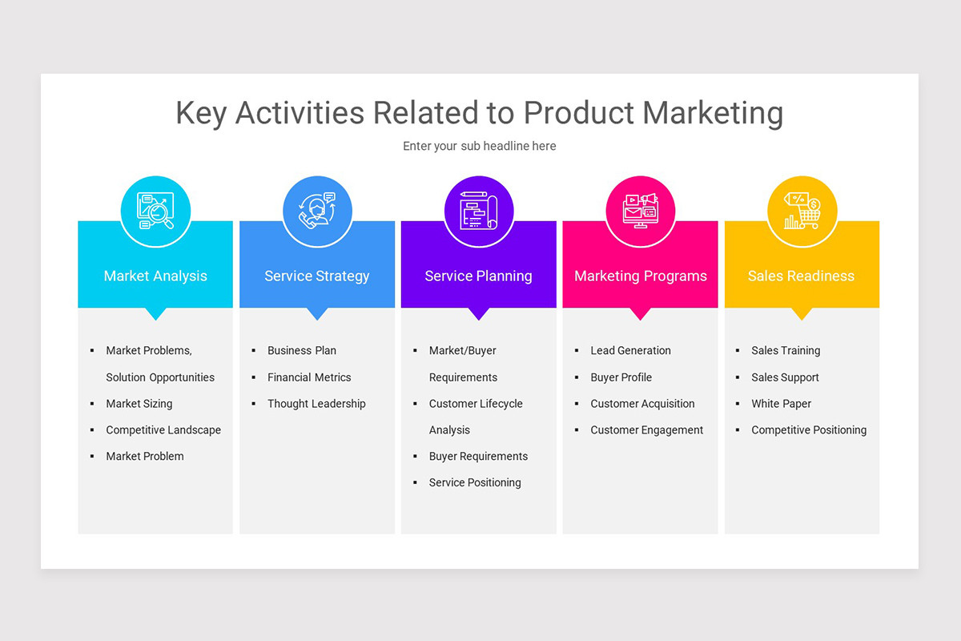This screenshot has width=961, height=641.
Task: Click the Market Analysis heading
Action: (x=155, y=276)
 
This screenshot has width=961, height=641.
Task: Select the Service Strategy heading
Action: (x=317, y=276)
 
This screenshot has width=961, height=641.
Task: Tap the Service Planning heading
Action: (x=478, y=276)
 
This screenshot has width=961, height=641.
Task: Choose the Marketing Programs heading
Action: (x=641, y=276)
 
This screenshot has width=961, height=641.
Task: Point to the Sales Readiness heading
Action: (x=801, y=276)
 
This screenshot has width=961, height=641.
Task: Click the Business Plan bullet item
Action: (x=302, y=350)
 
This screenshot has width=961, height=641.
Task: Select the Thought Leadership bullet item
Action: (x=316, y=404)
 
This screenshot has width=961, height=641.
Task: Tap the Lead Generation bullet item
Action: (x=630, y=350)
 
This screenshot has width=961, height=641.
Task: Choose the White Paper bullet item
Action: (x=781, y=404)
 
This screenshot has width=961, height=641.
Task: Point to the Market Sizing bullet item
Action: (x=139, y=404)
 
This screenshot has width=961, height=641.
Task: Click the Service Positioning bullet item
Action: (x=475, y=482)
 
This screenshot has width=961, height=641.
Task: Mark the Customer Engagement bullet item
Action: (x=647, y=430)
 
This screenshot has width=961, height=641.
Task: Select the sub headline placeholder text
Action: (x=479, y=146)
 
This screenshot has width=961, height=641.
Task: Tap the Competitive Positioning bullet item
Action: (x=809, y=430)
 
